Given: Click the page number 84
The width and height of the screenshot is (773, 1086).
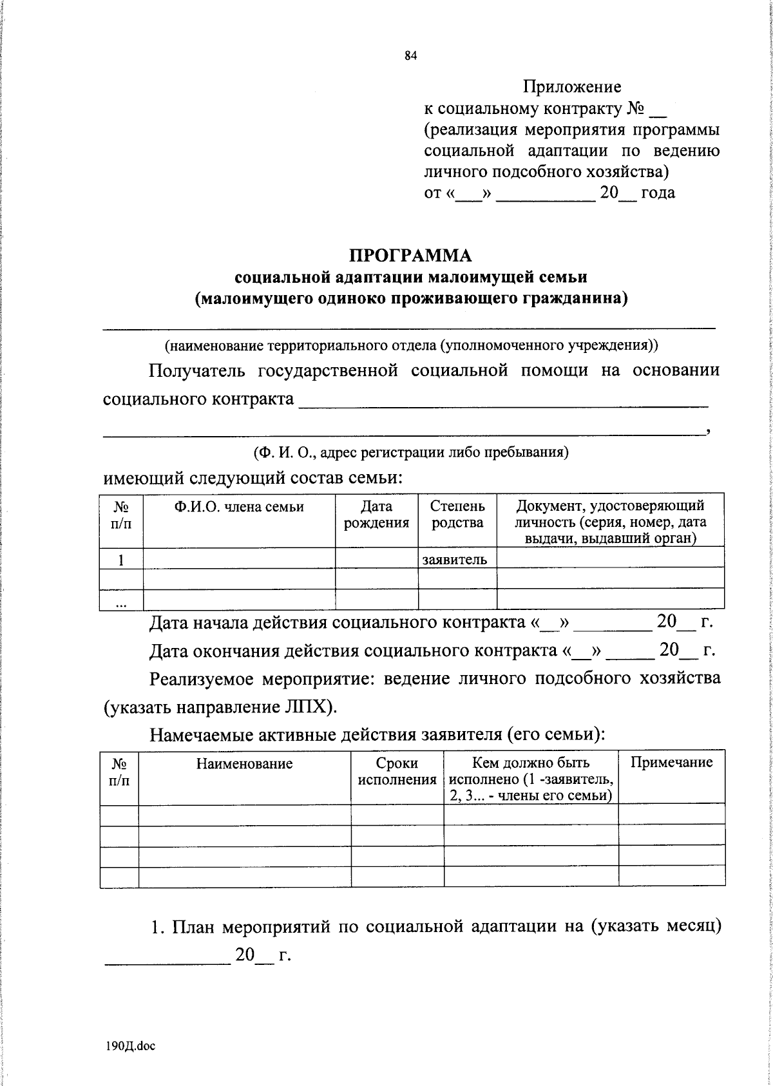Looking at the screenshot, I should click(411, 56).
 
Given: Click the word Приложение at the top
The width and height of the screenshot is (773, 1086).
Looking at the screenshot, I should click(571, 86).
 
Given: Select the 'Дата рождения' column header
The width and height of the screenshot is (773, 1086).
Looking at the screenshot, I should click(376, 515).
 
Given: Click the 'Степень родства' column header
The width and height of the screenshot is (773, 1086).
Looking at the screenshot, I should click(457, 515).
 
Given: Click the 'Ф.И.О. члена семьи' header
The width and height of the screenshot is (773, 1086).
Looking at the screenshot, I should click(239, 507).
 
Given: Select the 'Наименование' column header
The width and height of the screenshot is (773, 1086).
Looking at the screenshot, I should click(245, 764).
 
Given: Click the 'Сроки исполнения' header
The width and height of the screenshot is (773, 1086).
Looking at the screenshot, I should click(397, 772).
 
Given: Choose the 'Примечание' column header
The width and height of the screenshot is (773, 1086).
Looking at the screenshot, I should click(671, 763).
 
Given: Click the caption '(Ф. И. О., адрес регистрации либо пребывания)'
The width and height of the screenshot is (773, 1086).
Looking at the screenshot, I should click(411, 452).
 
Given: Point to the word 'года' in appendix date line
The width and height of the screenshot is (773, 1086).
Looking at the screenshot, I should click(658, 193).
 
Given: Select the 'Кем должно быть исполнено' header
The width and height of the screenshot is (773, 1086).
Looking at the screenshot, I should click(531, 779).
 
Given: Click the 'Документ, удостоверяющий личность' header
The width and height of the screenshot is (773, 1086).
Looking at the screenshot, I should click(610, 522).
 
